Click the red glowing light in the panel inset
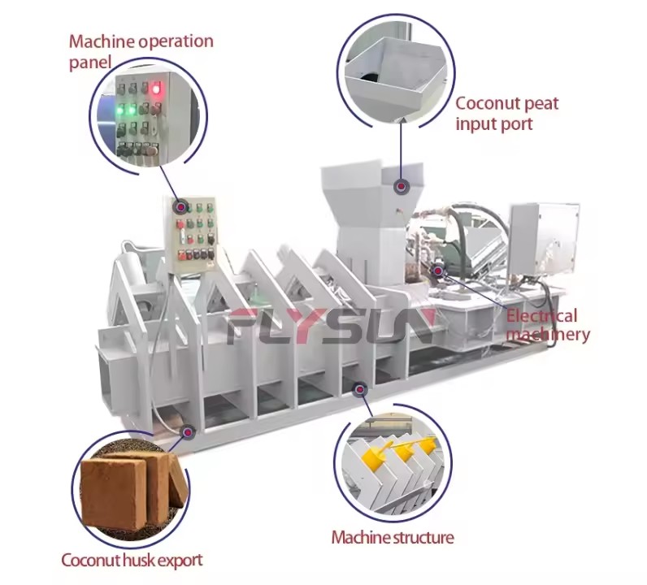click(155, 89)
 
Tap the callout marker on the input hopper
click(400, 187)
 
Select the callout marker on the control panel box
click(180, 206)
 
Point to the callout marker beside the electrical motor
click(437, 271)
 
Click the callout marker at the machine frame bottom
click(360, 389)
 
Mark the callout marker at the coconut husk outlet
click(189, 432)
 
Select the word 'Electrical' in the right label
click(541, 316)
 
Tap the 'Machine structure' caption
click(393, 537)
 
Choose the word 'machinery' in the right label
click(548, 335)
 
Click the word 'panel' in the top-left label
click(90, 63)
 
